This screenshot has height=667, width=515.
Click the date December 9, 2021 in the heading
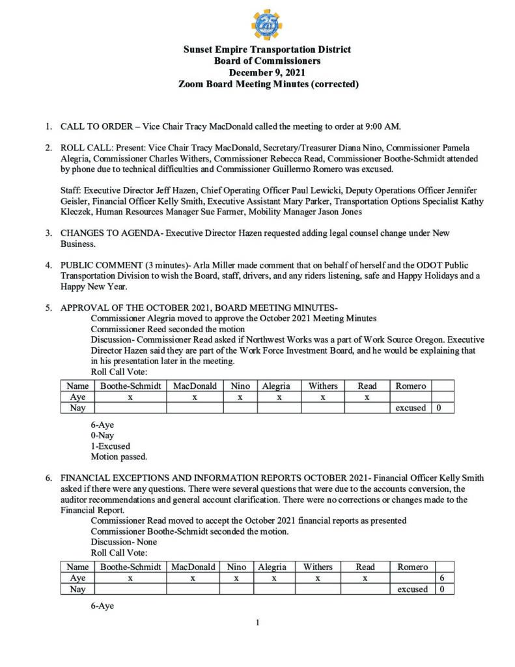tap(267, 72)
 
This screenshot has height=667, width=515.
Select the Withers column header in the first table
tap(322, 386)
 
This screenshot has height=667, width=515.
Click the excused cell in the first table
tap(410, 408)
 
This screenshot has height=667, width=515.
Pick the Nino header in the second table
tap(236, 567)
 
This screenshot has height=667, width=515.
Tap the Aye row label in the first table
tap(77, 397)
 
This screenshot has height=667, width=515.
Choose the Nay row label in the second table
tap(77, 589)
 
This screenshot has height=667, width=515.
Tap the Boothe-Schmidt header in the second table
tap(130, 567)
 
